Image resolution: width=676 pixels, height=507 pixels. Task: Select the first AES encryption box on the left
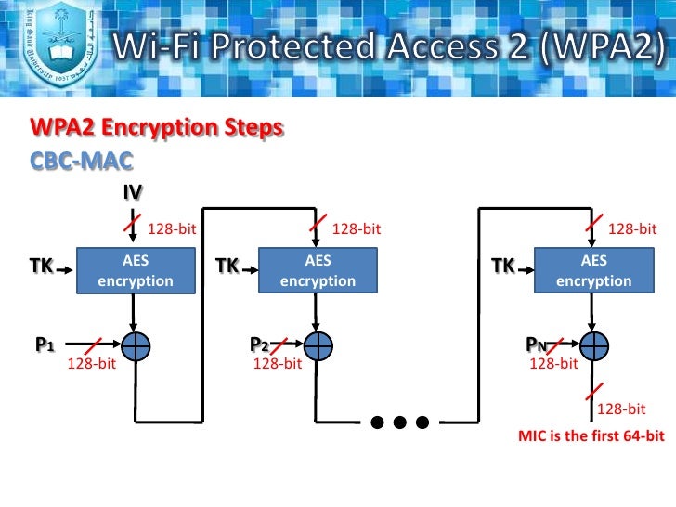click(136, 271)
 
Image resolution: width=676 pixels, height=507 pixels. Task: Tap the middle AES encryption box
click(318, 271)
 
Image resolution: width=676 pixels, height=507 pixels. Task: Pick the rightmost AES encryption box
click(593, 271)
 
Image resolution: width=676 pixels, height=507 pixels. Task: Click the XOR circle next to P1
click(136, 344)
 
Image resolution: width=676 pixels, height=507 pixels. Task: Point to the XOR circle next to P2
click(318, 344)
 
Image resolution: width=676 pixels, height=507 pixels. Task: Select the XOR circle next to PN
click(593, 344)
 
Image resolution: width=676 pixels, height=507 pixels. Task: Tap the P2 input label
click(259, 344)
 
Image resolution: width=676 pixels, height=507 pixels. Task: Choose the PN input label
click(536, 344)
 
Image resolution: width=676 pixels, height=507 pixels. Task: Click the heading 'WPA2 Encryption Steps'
click(156, 127)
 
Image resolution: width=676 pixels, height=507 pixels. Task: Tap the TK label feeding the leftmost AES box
click(40, 266)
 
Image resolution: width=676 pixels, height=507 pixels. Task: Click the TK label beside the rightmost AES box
click(502, 266)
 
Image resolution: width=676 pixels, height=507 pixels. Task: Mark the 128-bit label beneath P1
click(91, 364)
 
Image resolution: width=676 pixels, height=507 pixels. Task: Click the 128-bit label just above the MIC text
click(620, 409)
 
